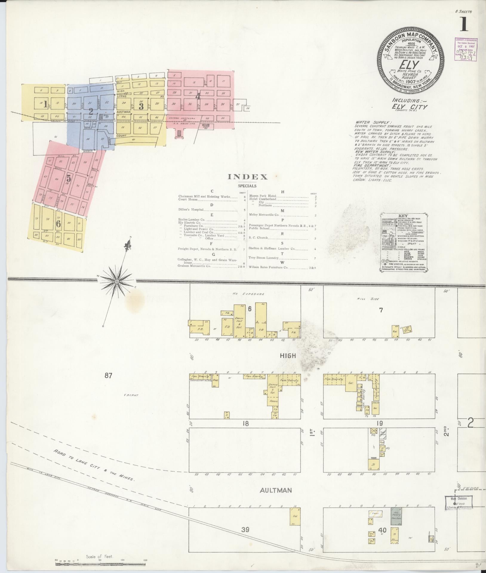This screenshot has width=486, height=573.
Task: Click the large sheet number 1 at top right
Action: tap(464, 24)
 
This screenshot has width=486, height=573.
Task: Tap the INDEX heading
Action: tap(248, 177)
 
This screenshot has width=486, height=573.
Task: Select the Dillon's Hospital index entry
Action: tap(191, 210)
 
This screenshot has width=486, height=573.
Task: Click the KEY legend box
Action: tap(405, 242)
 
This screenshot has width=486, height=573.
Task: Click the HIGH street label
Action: tap(288, 355)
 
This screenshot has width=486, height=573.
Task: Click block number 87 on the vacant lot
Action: tap(108, 375)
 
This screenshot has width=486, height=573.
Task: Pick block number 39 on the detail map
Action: tap(245, 530)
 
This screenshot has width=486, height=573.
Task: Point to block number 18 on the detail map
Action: tap(245, 423)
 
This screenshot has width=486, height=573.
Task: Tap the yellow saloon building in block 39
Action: tap(295, 517)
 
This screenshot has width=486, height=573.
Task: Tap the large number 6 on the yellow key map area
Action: tap(59, 223)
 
